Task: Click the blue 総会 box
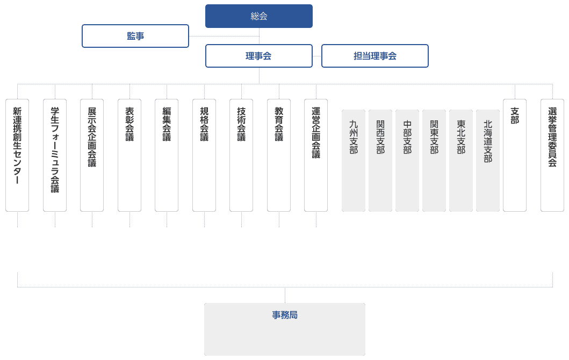point(258,16)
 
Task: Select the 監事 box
point(135,36)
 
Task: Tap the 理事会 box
point(258,56)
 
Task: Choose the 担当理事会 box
point(374,56)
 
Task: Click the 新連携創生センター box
point(17,155)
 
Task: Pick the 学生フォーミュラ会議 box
point(55,155)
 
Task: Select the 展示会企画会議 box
point(92,155)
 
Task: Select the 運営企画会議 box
point(316,155)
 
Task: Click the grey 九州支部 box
point(354,161)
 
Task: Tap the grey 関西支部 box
point(380,161)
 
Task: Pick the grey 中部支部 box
point(407,161)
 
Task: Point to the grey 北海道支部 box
point(488,161)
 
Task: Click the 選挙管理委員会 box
point(552,155)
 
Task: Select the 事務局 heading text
point(285,315)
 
